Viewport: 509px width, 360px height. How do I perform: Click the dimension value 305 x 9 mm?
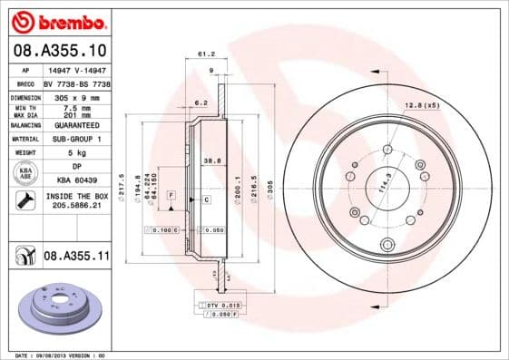coord(77,94)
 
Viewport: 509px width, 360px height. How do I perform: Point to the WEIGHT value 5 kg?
coord(77,153)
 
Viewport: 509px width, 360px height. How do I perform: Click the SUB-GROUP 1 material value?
coord(77,139)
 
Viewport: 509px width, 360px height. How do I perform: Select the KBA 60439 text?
coord(77,180)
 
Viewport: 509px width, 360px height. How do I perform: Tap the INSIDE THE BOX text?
coord(77,197)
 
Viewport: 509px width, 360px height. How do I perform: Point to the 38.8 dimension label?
coord(210,160)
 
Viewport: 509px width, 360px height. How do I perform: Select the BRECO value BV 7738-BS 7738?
coord(77,82)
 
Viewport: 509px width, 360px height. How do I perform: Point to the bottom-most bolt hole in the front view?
coord(387,243)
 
